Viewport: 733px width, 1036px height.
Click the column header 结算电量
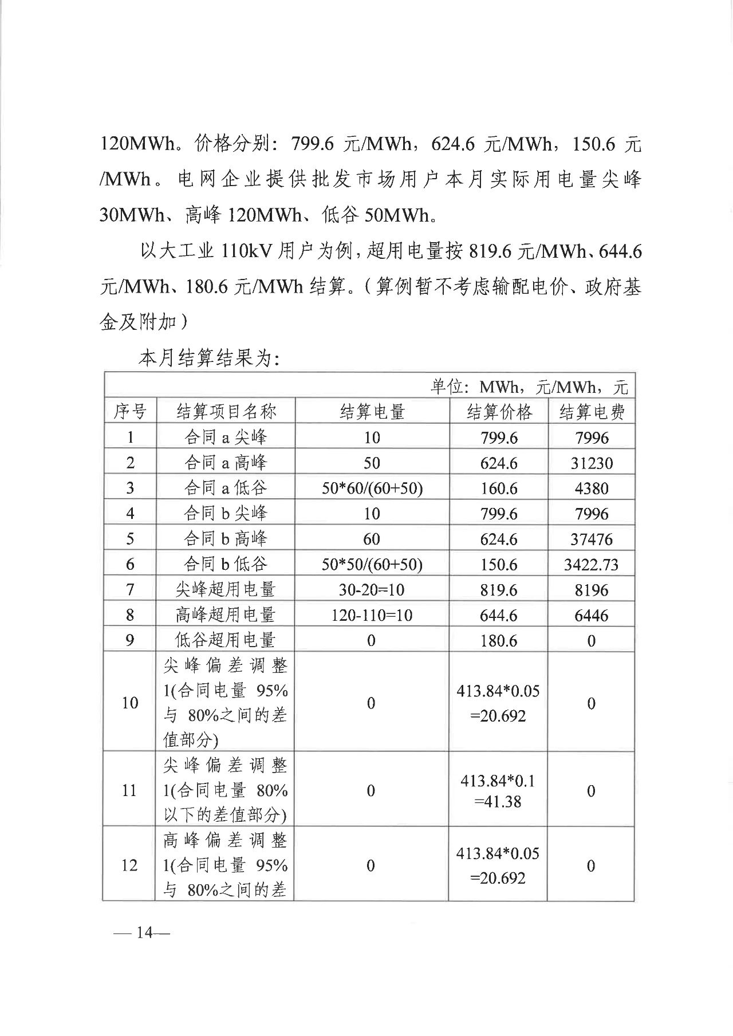click(x=372, y=411)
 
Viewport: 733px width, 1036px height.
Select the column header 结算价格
click(x=499, y=411)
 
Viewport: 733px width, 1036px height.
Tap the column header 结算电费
click(x=592, y=411)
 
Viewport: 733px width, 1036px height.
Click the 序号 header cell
click(x=130, y=411)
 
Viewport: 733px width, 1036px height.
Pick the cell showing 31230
click(x=592, y=463)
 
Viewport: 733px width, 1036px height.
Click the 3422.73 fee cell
click(x=592, y=565)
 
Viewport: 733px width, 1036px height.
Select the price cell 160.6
click(x=499, y=489)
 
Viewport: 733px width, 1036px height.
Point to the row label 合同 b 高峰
click(x=225, y=539)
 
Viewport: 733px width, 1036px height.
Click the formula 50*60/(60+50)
click(x=372, y=489)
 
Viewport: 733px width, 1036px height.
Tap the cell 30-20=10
click(x=372, y=590)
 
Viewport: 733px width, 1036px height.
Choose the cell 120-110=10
click(x=372, y=616)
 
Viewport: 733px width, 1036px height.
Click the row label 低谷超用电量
click(x=225, y=640)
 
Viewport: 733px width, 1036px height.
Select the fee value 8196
click(x=592, y=590)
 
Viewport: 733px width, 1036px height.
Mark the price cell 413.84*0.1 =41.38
click(x=498, y=791)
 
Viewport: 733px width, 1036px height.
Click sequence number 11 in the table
click(x=130, y=791)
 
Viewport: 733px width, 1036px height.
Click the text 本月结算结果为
click(x=208, y=359)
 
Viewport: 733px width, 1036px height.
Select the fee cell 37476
click(x=592, y=539)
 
